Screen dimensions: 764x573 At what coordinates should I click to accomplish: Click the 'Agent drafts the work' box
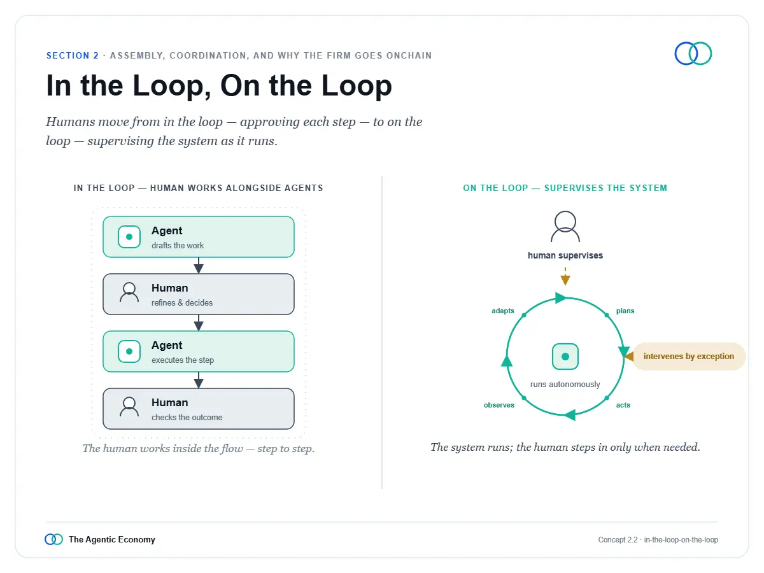[x=199, y=237]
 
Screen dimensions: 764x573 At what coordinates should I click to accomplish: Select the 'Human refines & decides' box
[x=199, y=294]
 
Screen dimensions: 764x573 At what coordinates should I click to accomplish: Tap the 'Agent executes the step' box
[x=199, y=351]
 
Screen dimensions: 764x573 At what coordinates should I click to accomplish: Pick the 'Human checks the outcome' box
[x=199, y=409]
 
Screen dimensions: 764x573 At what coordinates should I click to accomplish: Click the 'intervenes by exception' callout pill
[x=689, y=357]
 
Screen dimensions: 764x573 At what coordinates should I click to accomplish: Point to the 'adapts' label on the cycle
[x=502, y=311]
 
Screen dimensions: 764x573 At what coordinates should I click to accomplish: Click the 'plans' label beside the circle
[x=625, y=311]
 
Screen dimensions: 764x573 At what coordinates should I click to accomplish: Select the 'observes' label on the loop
[x=499, y=405]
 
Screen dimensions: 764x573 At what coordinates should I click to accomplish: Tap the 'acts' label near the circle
[x=623, y=405]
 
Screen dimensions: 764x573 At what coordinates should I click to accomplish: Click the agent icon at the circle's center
[x=565, y=357]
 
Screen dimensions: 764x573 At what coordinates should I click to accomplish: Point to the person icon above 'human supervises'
[x=565, y=227]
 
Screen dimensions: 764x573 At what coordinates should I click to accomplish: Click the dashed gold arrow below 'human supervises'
[x=565, y=276]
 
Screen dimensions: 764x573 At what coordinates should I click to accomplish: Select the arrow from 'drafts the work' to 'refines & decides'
[x=199, y=265]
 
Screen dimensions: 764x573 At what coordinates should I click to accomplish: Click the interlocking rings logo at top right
[x=693, y=53]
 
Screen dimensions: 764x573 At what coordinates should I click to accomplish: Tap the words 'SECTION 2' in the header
[x=73, y=55]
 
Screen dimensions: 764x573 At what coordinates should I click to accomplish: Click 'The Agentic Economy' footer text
[x=111, y=540]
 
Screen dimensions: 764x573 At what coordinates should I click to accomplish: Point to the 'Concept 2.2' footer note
[x=618, y=540]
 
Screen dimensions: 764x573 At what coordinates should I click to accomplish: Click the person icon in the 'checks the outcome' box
[x=129, y=407]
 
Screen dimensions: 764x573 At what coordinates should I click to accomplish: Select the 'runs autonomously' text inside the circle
[x=565, y=385]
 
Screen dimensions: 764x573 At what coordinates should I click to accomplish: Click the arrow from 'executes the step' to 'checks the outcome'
[x=199, y=380]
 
